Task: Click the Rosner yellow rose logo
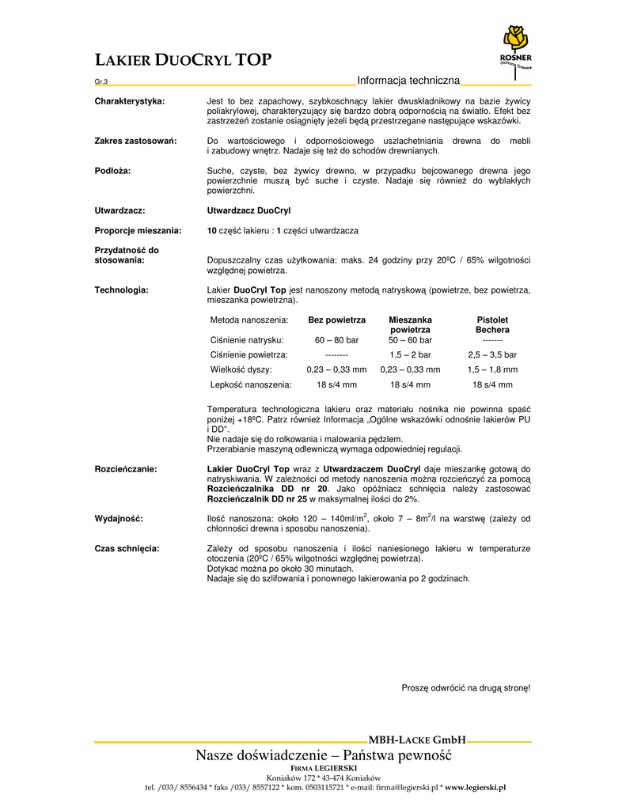click(514, 40)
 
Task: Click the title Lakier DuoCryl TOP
click(183, 60)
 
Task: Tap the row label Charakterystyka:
click(130, 101)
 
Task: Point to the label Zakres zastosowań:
click(135, 141)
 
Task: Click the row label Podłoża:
click(112, 171)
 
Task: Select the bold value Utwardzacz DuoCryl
click(249, 211)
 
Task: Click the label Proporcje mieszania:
click(138, 230)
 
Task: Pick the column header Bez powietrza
click(336, 320)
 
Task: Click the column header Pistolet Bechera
click(492, 324)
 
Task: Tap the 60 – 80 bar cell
click(336, 339)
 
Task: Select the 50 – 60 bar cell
click(410, 339)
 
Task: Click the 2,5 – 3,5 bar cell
click(492, 355)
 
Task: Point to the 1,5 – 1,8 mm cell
click(492, 369)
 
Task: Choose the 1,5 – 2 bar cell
click(410, 355)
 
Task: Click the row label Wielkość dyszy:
click(241, 369)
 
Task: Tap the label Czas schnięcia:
click(127, 548)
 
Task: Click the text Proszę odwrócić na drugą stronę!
click(466, 688)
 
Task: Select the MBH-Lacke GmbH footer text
click(417, 740)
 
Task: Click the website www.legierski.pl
click(475, 787)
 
